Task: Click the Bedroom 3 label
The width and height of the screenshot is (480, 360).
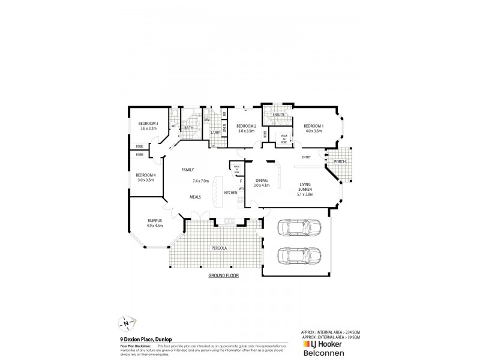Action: click(x=148, y=123)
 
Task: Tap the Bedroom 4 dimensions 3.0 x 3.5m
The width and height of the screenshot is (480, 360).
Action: click(x=146, y=180)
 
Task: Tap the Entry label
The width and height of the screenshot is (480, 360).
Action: click(x=306, y=158)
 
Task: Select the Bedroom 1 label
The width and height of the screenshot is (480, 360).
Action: click(x=314, y=125)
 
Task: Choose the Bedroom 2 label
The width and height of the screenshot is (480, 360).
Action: click(x=247, y=125)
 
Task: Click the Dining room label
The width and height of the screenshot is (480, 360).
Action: click(x=262, y=180)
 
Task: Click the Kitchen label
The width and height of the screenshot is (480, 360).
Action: click(x=230, y=193)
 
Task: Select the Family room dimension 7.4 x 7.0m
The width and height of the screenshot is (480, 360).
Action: click(x=200, y=181)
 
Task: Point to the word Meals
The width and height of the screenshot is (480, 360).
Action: click(x=196, y=196)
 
